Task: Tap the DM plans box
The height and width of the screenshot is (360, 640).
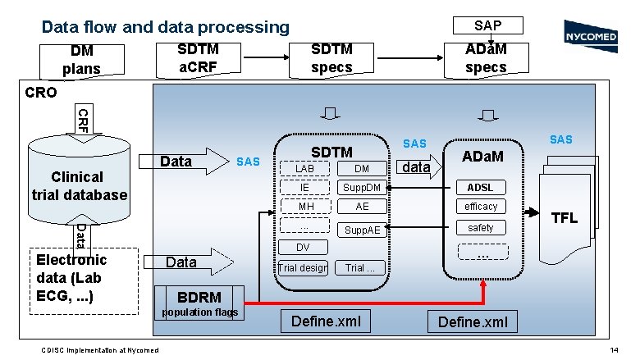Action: [x=81, y=59]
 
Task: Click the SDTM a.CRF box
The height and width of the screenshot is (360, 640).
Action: [x=199, y=57]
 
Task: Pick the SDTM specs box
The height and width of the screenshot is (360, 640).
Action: [x=331, y=57]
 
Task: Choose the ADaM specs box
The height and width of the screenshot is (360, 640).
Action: [x=486, y=58]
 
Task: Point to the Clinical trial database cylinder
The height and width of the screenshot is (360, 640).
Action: [x=79, y=182]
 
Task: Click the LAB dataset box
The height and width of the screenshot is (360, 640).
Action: [x=304, y=168]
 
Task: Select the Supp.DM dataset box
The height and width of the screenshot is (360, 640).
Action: [x=362, y=188]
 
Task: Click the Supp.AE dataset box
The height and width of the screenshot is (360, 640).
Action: [x=362, y=230]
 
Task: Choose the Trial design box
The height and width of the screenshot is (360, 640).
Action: [x=303, y=267]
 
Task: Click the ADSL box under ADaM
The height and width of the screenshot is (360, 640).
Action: [x=481, y=187]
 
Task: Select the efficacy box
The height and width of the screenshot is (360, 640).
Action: [x=481, y=207]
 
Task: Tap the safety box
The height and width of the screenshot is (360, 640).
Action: [x=481, y=227]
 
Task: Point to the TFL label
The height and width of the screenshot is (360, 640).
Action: [x=565, y=218]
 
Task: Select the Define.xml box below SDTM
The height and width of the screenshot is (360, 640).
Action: [x=326, y=321]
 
